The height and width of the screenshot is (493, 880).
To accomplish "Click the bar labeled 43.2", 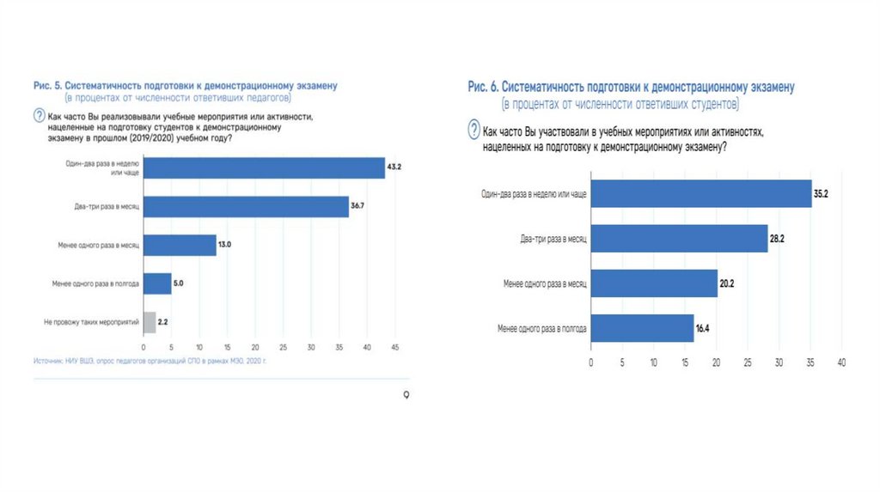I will coord(264,168).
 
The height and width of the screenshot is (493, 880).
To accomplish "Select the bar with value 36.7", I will coord(246,207).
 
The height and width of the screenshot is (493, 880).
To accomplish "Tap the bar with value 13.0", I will coord(180,246).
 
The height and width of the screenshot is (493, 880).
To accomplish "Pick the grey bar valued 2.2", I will coord(150,322).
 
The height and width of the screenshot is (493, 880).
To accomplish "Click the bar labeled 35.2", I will coord(701,193).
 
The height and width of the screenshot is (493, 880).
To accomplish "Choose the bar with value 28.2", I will coord(679,238).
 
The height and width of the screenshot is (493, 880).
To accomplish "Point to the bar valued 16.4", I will coord(642,328).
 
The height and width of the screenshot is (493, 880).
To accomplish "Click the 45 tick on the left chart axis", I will coord(395,347).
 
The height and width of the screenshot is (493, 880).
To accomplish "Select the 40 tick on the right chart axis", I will coord(842,362).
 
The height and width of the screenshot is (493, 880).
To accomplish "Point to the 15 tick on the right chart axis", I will coord(685,362).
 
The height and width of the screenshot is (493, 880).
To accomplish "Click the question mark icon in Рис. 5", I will coord(39,116).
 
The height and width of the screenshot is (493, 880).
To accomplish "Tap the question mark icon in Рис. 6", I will coord(474,131).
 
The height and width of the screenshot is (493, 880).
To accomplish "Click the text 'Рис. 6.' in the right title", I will coord(483,88).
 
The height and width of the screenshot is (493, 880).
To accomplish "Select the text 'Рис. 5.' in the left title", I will coord(46,85).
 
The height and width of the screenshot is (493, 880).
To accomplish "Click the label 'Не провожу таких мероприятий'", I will coord(91,322).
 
